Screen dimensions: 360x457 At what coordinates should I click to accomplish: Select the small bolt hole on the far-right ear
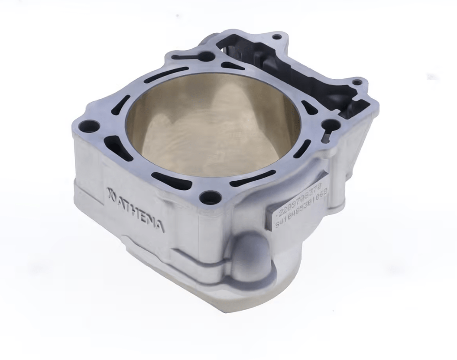pyautogui.click(x=356, y=81)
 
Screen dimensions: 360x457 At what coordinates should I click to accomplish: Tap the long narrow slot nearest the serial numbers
pyautogui.click(x=253, y=178)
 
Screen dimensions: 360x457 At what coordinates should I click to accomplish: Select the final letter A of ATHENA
pyautogui.click(x=160, y=226)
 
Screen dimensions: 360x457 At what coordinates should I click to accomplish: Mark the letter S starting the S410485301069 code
pyautogui.click(x=277, y=224)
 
